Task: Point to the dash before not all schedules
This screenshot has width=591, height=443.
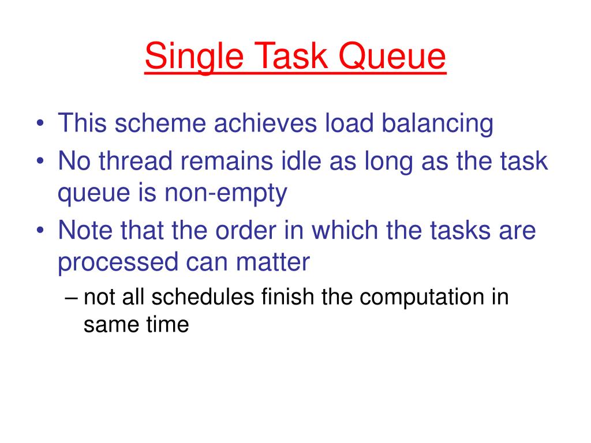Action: pyautogui.click(x=71, y=299)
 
